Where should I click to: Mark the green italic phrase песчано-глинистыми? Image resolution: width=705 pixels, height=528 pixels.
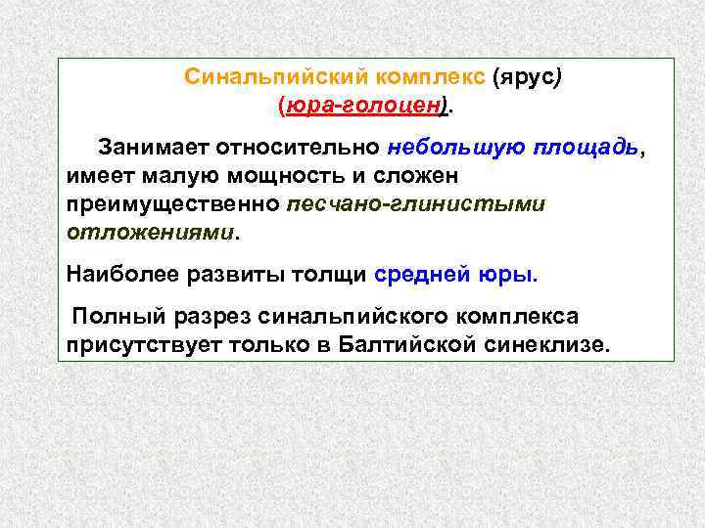[x=416, y=205]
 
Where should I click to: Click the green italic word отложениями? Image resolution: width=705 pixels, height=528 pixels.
[x=151, y=234]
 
